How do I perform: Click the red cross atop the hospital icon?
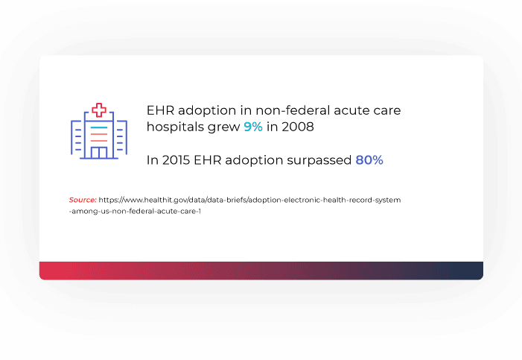tap(99, 110)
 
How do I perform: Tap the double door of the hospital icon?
tap(99, 153)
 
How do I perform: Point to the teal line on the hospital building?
tap(99, 129)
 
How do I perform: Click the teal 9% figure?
tap(252, 127)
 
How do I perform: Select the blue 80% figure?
tap(369, 160)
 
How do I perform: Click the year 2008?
tap(297, 127)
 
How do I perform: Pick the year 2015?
tap(176, 160)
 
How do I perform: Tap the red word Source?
tap(83, 200)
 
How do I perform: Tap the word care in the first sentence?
tap(385, 111)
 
